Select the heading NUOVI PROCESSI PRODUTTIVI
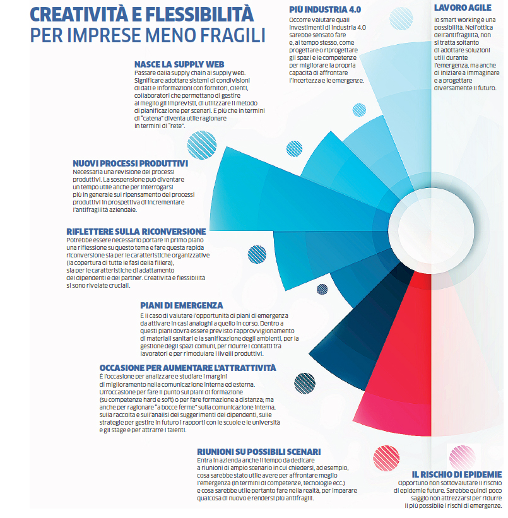(130, 163)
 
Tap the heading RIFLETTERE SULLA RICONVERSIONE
(136, 232)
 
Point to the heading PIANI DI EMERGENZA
(181, 305)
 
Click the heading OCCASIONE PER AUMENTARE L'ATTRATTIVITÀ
(187, 368)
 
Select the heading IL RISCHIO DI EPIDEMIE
(457, 474)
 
